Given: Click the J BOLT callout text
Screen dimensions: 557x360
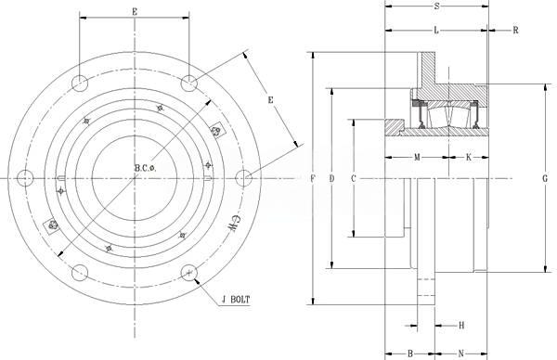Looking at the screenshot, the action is click(236, 300).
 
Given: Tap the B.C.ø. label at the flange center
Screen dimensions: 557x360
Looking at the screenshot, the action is click(146, 168).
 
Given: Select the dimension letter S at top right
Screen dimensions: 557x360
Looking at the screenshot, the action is click(437, 6).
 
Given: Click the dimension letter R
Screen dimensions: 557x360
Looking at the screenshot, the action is click(515, 31).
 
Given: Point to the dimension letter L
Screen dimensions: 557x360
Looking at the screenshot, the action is click(436, 31).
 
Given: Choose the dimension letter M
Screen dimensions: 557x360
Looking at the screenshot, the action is click(417, 157).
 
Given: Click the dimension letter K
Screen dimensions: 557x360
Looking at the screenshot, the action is click(469, 157).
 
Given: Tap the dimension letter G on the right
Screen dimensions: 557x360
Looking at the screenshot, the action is click(545, 178).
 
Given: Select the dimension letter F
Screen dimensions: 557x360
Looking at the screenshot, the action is click(313, 178).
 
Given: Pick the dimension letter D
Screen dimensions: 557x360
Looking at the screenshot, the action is click(331, 178).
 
